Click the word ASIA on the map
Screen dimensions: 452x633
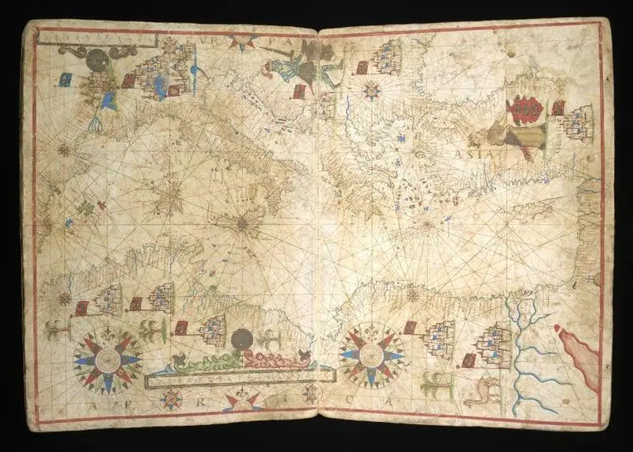[474, 152]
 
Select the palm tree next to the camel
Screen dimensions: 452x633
[433, 386]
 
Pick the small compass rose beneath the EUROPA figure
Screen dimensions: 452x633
[371, 90]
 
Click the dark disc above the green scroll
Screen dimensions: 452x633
[241, 338]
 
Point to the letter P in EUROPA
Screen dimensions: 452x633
[278, 37]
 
